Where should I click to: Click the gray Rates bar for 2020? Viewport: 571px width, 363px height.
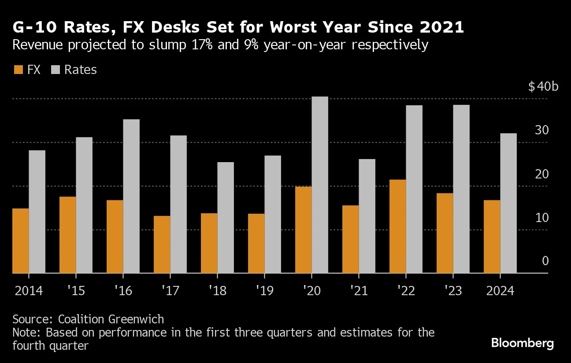tap(320, 185)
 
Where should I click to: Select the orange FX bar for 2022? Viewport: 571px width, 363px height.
tap(398, 226)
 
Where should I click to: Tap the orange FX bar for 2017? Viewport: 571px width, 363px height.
tap(162, 244)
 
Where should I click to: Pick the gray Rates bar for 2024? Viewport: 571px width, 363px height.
tap(508, 203)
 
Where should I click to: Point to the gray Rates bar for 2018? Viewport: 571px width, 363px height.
tap(226, 218)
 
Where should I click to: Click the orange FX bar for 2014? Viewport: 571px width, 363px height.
tap(20, 241)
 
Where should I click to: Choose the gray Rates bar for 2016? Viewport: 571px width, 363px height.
tap(131, 196)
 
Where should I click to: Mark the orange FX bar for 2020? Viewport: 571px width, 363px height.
tap(303, 230)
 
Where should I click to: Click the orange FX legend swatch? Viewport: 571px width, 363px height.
tap(19, 70)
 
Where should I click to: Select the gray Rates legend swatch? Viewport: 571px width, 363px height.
tap(56, 70)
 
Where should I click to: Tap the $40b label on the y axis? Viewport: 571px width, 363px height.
tap(543, 86)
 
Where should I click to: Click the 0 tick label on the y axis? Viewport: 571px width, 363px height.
tap(545, 261)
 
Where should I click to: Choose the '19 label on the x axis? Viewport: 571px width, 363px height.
tap(264, 291)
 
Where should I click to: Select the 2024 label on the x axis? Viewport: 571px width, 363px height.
tap(499, 291)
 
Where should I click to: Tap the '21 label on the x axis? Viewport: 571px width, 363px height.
tap(358, 291)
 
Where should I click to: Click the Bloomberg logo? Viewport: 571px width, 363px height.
tap(523, 343)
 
